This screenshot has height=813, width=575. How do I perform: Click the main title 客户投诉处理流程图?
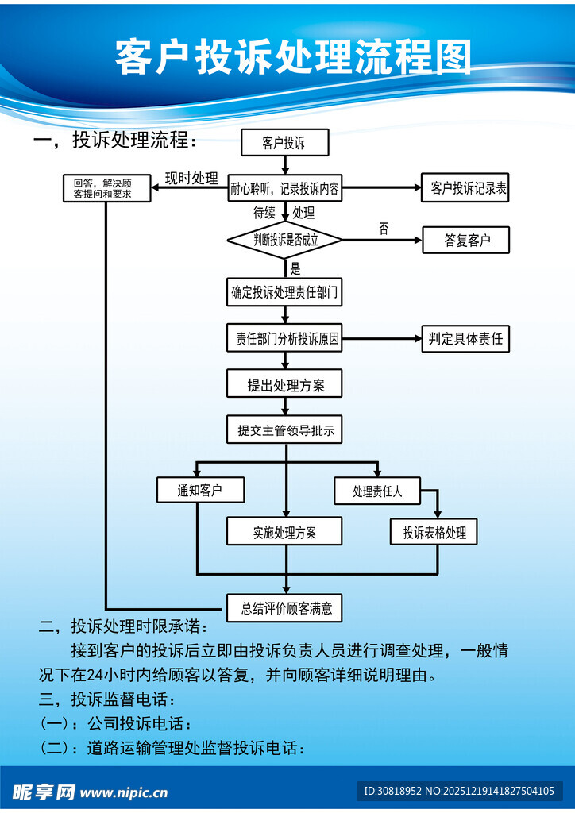[292, 57]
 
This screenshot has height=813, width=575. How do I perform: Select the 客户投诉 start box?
[284, 143]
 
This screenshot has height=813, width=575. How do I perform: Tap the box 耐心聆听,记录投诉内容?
[285, 188]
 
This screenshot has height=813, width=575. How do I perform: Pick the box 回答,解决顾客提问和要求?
[107, 188]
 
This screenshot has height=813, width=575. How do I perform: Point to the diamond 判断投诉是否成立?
[284, 240]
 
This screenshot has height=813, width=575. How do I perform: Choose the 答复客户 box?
[465, 240]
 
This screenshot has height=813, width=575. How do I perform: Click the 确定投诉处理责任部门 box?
[284, 292]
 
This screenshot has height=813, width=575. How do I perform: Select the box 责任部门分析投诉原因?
[284, 339]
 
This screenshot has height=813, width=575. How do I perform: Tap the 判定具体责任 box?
[465, 339]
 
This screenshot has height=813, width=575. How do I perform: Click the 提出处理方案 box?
[284, 385]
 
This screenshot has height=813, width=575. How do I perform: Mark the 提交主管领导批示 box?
[284, 431]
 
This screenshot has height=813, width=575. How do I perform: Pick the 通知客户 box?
[199, 490]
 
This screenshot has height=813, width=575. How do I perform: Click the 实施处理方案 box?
[284, 532]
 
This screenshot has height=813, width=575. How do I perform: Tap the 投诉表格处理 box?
[434, 532]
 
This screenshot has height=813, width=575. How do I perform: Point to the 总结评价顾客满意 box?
[284, 608]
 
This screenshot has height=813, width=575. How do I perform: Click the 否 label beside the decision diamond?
[384, 229]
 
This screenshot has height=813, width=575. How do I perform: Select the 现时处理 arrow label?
[191, 178]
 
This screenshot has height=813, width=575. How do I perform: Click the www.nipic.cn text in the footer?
[124, 792]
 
